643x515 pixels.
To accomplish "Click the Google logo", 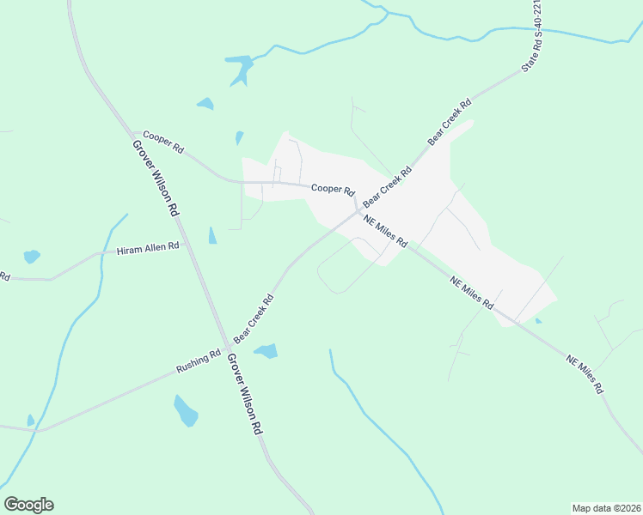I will click(28, 505).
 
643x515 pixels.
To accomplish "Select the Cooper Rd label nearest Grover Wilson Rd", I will click(163, 142).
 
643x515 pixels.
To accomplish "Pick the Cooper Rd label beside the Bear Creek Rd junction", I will click(333, 189).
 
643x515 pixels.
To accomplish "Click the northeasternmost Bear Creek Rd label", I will click(450, 122).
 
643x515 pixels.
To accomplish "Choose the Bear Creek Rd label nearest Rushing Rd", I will click(254, 318).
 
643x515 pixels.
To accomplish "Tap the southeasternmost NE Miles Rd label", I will click(585, 373).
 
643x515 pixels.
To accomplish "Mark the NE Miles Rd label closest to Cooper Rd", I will click(384, 231).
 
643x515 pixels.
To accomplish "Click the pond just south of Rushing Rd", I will click(186, 411).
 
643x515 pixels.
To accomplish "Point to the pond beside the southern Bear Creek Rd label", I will click(266, 350).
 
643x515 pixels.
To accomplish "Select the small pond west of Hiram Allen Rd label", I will click(32, 256).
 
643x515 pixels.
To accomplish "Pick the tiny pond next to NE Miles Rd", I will click(537, 321).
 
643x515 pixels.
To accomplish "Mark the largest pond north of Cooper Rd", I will click(239, 68).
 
